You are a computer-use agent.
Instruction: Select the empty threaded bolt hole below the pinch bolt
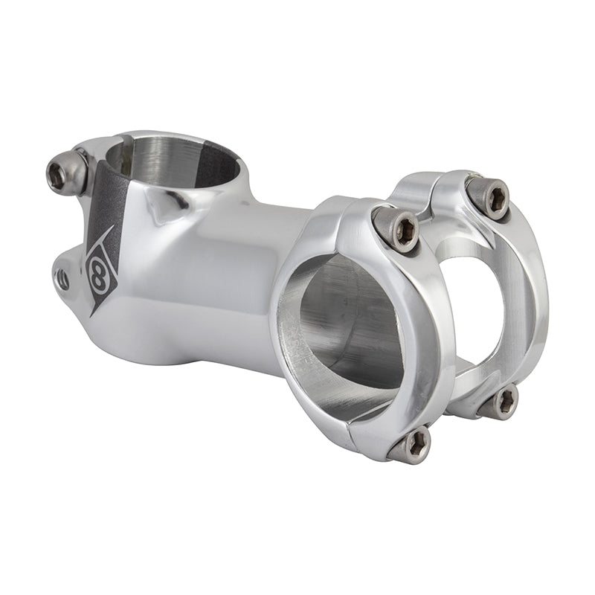(62, 280)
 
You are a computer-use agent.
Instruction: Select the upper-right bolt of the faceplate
(489, 196)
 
